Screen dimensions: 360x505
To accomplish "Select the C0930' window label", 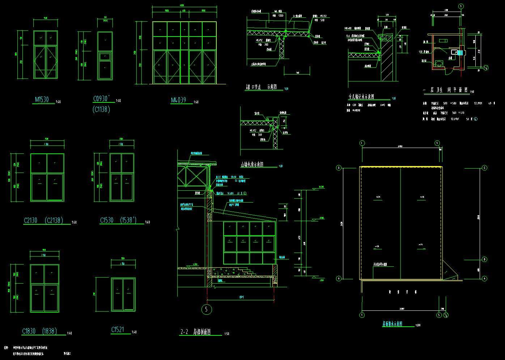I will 103,99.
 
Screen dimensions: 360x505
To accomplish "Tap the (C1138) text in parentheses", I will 101,109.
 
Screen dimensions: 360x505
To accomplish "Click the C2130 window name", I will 32,220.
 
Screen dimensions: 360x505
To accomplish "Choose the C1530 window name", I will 108,220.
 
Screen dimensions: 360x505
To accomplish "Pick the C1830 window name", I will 29,331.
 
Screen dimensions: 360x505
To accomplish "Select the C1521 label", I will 118,330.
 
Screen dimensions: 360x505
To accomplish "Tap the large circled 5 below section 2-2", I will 206,309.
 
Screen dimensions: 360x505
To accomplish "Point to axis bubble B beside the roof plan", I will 485,259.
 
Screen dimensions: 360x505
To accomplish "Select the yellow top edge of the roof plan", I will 401,166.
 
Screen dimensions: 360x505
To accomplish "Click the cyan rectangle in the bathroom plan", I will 460,53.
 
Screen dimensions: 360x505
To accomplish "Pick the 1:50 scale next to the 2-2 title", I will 227,334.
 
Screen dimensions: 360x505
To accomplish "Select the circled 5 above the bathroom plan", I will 461,6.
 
